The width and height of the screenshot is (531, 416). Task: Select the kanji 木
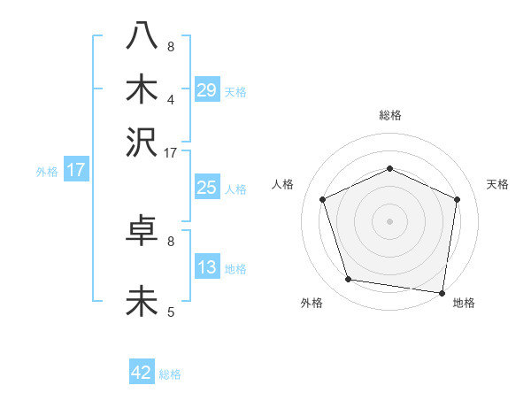pyautogui.click(x=142, y=89)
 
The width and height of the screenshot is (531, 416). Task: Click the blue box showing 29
pyautogui.click(x=206, y=89)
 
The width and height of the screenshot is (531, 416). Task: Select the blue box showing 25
pyautogui.click(x=206, y=188)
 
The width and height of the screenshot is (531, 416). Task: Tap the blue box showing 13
pyautogui.click(x=206, y=267)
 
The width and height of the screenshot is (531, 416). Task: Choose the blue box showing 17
pyautogui.click(x=75, y=170)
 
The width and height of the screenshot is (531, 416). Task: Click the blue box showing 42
pyautogui.click(x=142, y=373)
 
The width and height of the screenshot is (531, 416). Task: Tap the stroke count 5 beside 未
pyautogui.click(x=171, y=312)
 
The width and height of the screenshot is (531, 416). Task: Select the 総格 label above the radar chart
pyautogui.click(x=390, y=115)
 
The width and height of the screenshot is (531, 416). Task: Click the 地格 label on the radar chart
pyautogui.click(x=464, y=304)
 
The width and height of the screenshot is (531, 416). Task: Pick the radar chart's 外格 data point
pyautogui.click(x=349, y=280)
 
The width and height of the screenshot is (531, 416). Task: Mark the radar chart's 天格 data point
pyautogui.click(x=458, y=199)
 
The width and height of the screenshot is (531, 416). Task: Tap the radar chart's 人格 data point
pyautogui.click(x=323, y=199)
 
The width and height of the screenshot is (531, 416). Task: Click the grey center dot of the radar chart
pyautogui.click(x=390, y=220)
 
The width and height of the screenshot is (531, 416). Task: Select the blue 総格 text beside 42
pyautogui.click(x=170, y=374)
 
